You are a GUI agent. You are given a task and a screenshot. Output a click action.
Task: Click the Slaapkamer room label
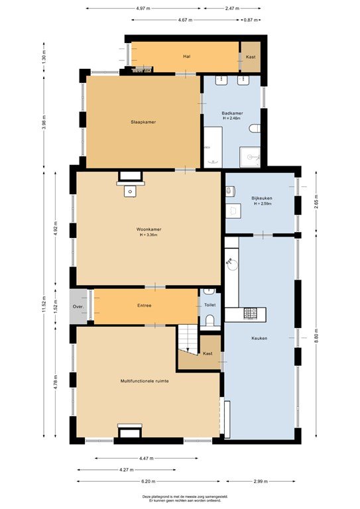coord(144,122)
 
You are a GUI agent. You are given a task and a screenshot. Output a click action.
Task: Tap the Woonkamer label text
coord(149,229)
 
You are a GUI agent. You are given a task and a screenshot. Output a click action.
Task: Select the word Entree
coord(145,306)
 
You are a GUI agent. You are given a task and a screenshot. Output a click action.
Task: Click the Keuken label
coord(259,338)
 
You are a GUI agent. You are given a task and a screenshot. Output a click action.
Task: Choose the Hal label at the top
coord(187,56)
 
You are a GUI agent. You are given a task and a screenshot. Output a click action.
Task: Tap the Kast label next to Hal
coord(251,57)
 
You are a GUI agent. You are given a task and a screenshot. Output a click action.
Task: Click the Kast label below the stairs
coord(208,354)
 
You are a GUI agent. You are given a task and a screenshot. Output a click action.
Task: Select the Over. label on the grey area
coord(78,307)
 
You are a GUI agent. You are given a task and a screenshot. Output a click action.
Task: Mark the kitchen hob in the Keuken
coord(251,313)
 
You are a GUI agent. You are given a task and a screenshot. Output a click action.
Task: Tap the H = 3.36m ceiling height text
coord(149,235)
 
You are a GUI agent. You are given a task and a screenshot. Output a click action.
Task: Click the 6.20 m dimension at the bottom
coord(149,482)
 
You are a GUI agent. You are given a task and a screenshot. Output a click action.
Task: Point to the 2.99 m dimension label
coord(260,482)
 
